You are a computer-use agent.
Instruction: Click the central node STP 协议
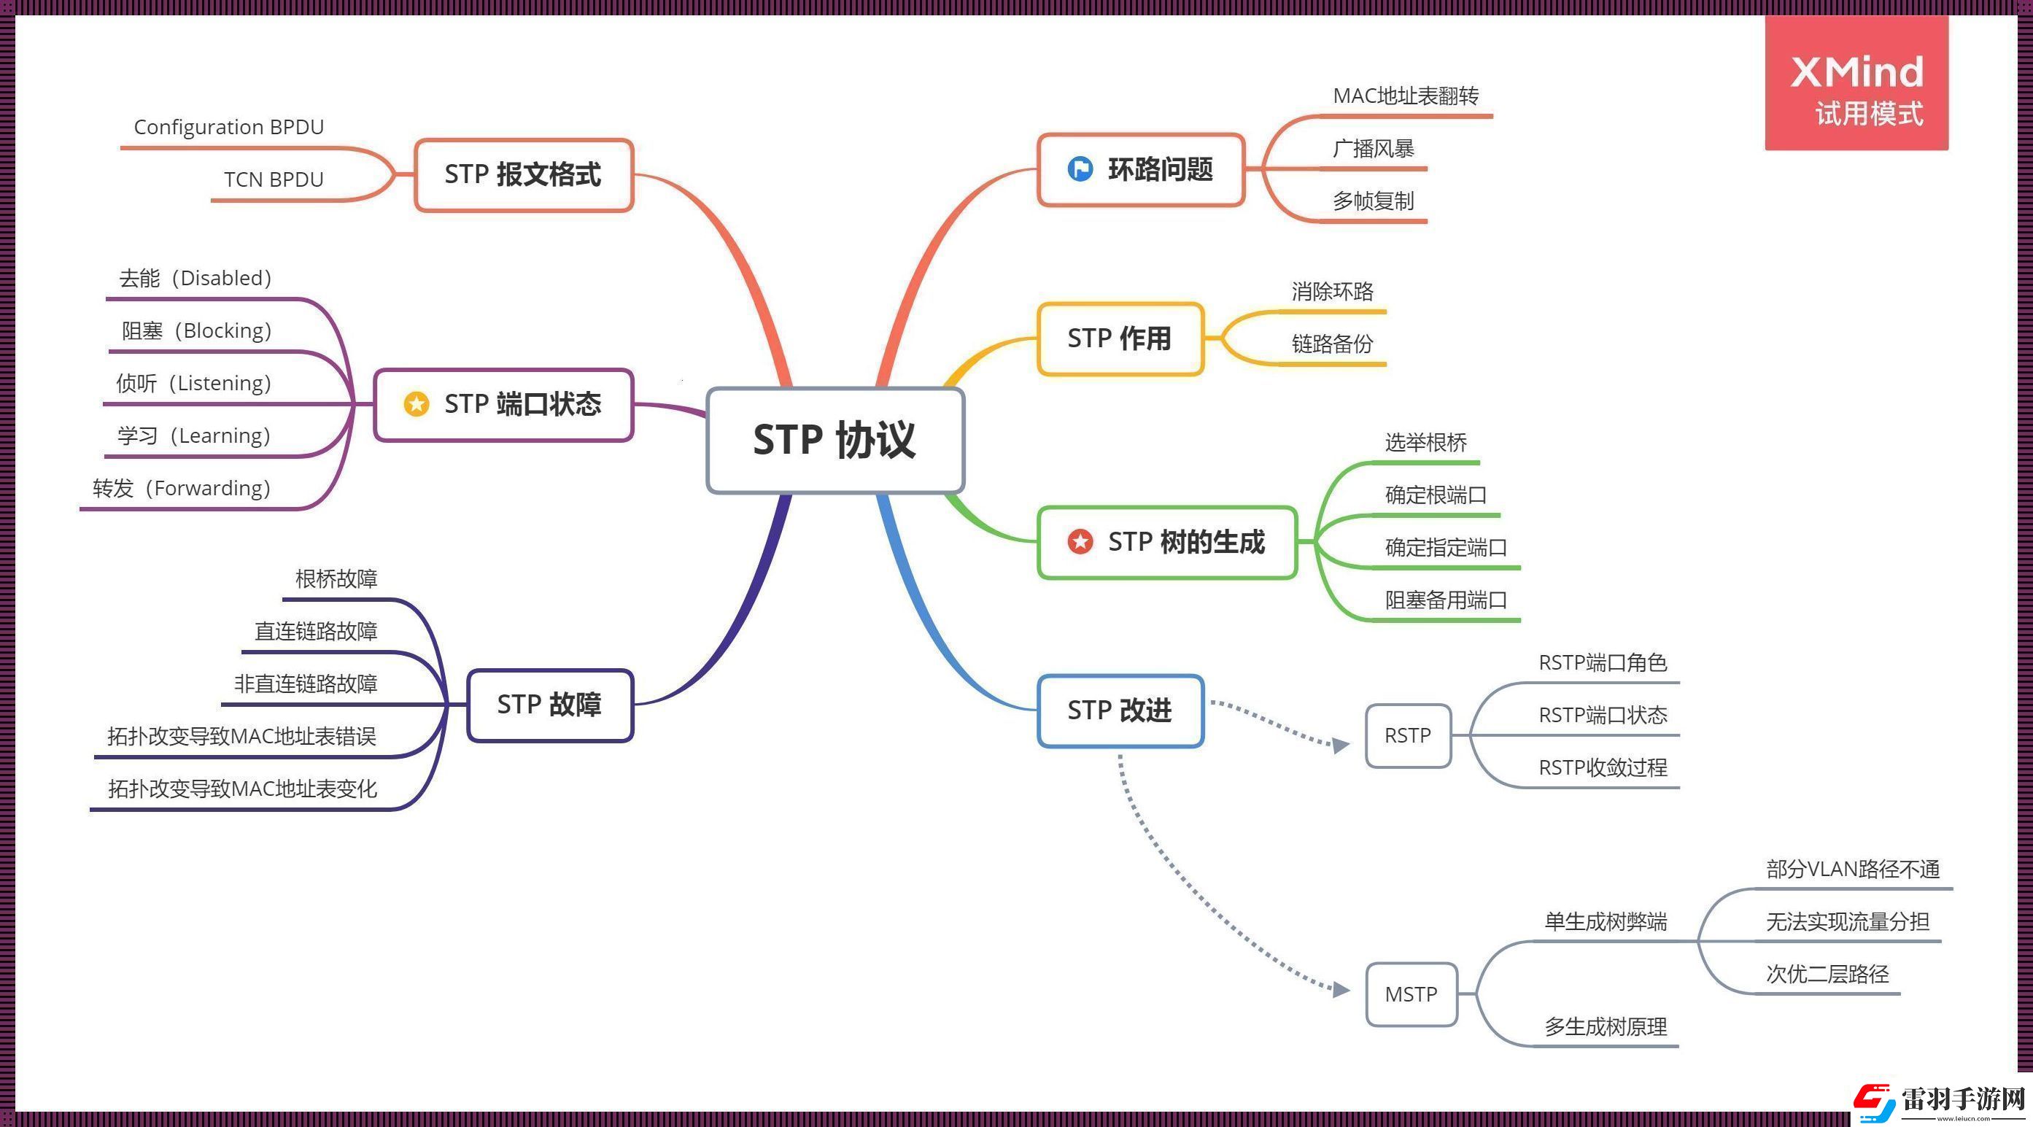coord(835,440)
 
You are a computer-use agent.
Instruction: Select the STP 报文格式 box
coord(524,174)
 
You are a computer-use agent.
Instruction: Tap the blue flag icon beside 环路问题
coord(1080,169)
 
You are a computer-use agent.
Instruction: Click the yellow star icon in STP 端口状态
coord(416,404)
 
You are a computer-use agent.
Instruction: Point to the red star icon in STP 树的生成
coord(1080,541)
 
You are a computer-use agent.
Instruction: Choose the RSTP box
coord(1408,735)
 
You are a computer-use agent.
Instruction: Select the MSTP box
coord(1411,994)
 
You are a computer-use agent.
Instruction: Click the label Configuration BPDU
coord(229,127)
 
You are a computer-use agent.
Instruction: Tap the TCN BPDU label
coord(274,180)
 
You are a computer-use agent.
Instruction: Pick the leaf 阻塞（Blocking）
coord(196,330)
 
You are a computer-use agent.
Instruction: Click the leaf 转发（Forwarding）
coord(182,489)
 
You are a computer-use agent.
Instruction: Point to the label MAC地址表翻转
coord(1406,96)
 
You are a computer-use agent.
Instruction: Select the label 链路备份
coord(1332,344)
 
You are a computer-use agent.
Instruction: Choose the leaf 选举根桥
coord(1425,443)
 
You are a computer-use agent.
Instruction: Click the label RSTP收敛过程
coord(1602,767)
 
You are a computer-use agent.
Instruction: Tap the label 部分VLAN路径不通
coord(1852,869)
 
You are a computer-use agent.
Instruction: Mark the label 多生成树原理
coord(1606,1027)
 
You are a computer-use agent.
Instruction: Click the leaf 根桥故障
coord(336,578)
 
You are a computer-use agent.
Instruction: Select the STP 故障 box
coord(550,705)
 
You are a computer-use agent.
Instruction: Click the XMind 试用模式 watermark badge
coord(1856,84)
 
